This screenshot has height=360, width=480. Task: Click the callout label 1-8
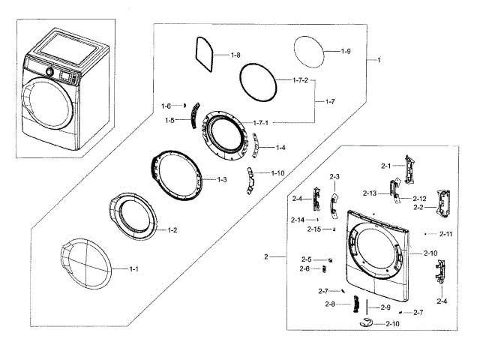[x=235, y=55]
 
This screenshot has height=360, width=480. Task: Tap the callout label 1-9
[x=346, y=51]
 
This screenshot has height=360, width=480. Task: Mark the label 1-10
[x=277, y=172]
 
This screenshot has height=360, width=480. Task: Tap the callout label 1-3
[x=222, y=179]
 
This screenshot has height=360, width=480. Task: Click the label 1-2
[x=171, y=229]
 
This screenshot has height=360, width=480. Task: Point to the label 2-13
[x=369, y=193]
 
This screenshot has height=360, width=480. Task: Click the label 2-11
[x=446, y=234]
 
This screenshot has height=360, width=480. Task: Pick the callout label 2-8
[x=330, y=304]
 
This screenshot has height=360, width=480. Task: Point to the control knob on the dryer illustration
[x=50, y=72]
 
